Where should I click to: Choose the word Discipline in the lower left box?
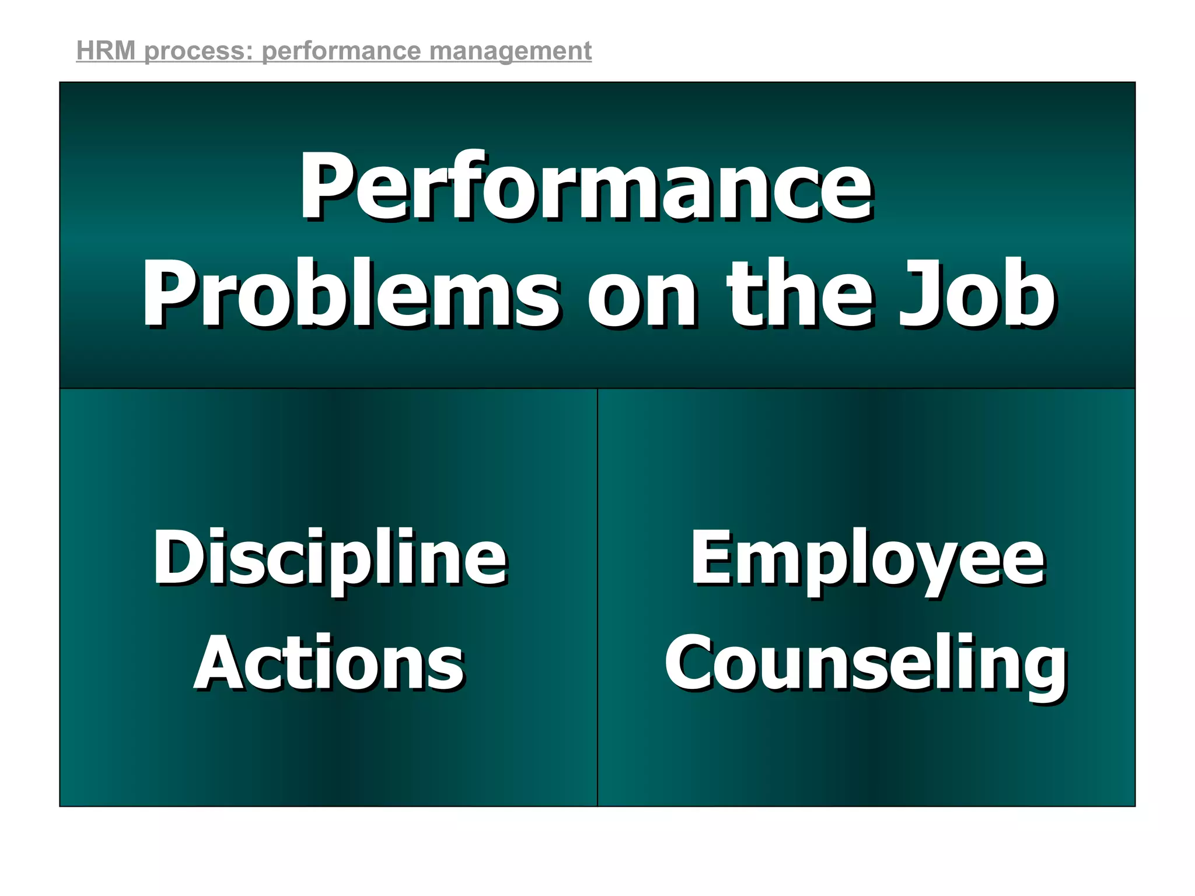(x=330, y=559)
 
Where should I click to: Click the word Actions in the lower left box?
(x=329, y=664)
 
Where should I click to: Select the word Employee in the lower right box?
(x=868, y=559)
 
